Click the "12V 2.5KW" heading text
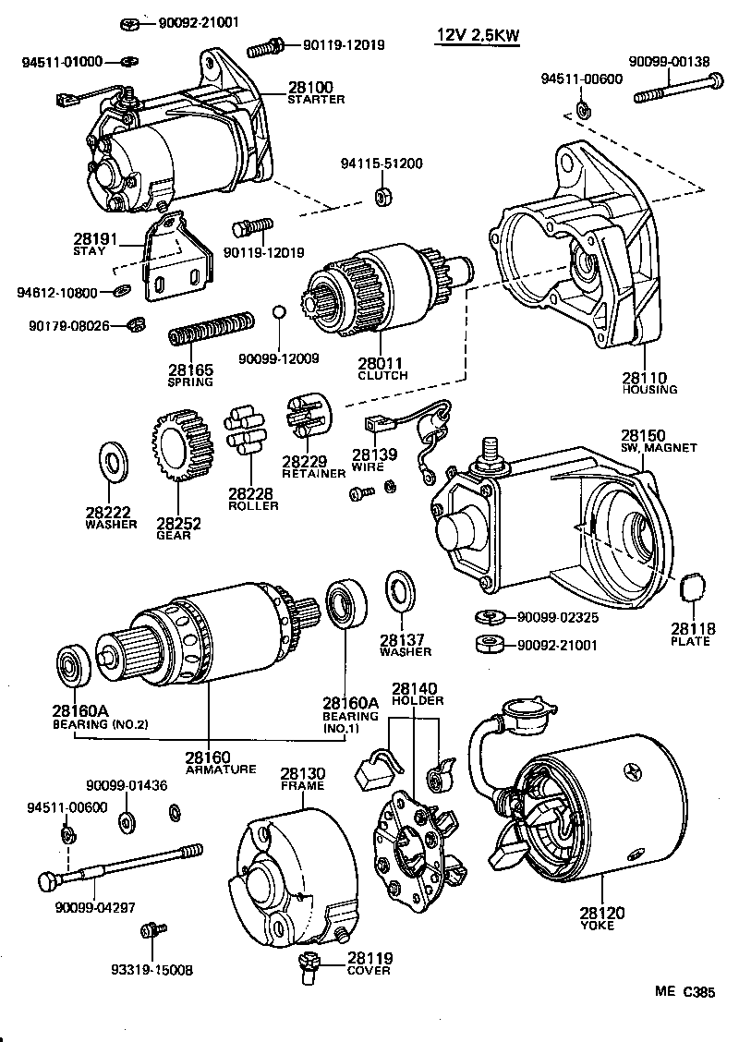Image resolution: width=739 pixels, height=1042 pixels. tap(478, 36)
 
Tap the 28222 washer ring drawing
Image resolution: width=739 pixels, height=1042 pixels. tap(115, 462)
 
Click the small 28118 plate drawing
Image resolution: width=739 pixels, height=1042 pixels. tap(691, 588)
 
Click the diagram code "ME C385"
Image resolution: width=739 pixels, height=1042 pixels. tap(685, 992)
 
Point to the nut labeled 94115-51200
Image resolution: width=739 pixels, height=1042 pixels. tap(382, 198)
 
